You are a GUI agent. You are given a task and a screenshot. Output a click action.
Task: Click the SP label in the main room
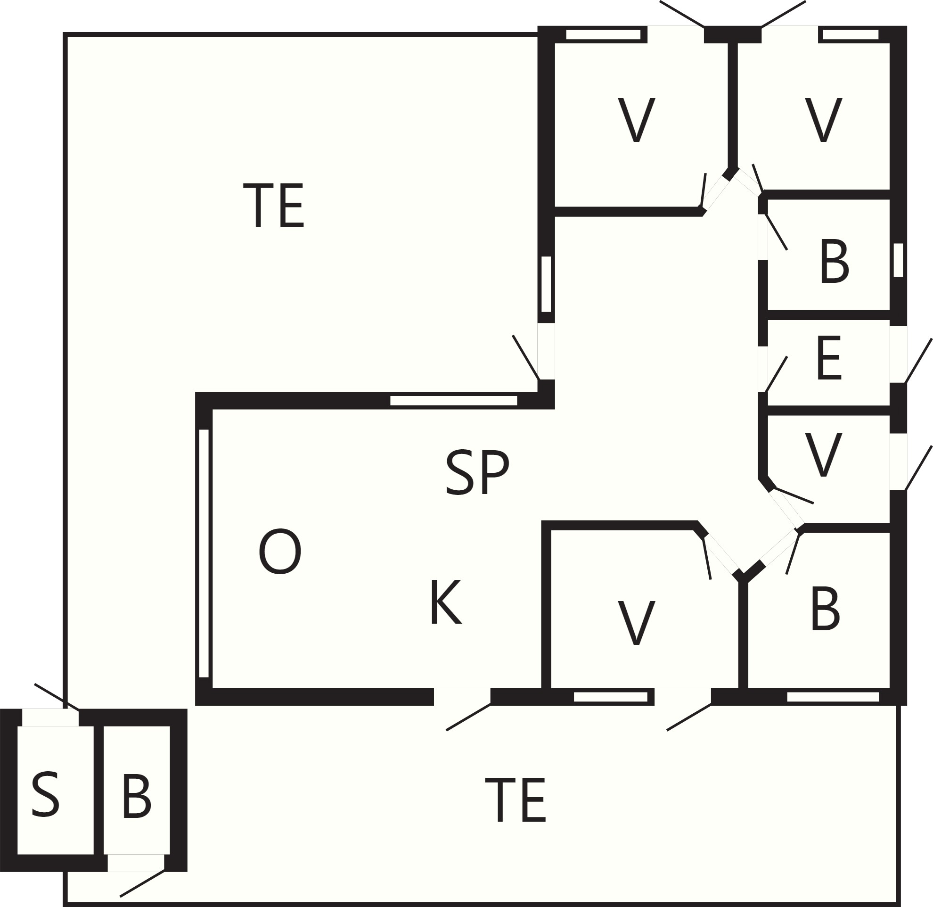coord(477,473)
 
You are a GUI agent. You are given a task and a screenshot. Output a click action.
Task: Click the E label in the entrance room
coord(829,358)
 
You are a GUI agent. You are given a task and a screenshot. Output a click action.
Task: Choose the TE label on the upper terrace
coord(273,206)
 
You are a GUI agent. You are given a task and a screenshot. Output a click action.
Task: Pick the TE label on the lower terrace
coord(516,800)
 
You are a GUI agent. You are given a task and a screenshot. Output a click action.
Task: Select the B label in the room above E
coord(835,262)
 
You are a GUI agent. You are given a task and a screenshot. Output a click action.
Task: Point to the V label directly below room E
coord(824,454)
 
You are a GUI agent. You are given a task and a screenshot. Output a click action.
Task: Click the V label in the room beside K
coord(636,623)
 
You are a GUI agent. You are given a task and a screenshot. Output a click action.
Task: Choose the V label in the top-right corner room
coord(824,120)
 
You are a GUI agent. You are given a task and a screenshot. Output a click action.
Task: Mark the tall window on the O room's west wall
coord(204,553)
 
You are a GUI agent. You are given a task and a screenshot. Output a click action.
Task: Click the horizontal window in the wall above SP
coord(453,401)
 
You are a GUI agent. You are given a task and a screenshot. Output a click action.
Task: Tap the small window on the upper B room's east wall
coord(898,260)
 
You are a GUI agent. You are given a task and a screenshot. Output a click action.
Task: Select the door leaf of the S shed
coord(57,697)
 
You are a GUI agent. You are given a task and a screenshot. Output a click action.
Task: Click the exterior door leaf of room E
coord(918,361)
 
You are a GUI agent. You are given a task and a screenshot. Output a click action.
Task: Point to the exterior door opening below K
coord(462,696)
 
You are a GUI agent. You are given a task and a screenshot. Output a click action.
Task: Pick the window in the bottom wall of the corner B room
coord(833,697)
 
